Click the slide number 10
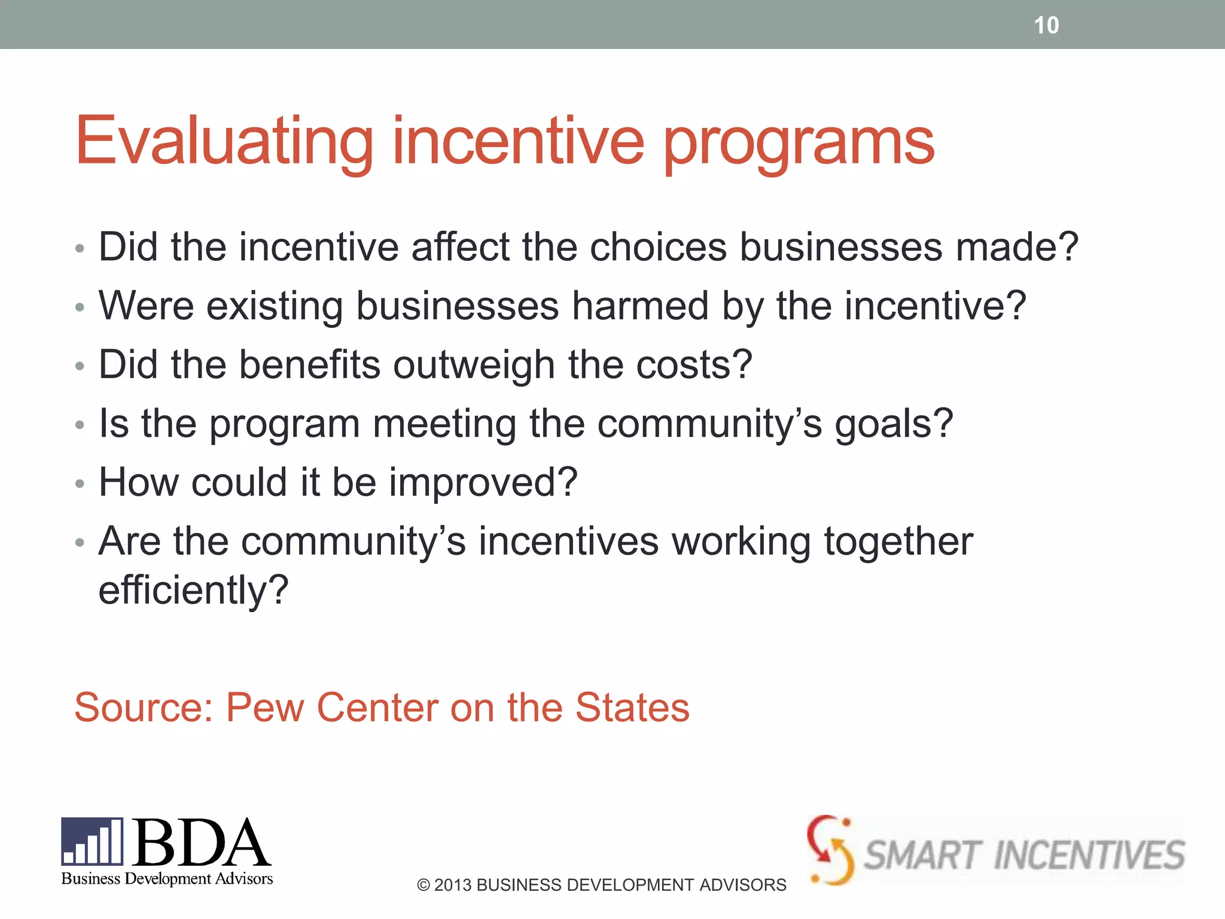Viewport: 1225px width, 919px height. [x=1046, y=25]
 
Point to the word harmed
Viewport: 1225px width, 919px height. [x=640, y=306]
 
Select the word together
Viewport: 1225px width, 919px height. [x=898, y=541]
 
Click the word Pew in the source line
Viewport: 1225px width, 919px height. [x=264, y=707]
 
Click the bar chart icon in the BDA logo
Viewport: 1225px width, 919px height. [x=92, y=841]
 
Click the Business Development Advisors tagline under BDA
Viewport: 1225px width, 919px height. [x=167, y=878]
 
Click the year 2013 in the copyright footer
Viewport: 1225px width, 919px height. [x=452, y=885]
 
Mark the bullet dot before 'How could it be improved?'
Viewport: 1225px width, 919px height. [x=80, y=483]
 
